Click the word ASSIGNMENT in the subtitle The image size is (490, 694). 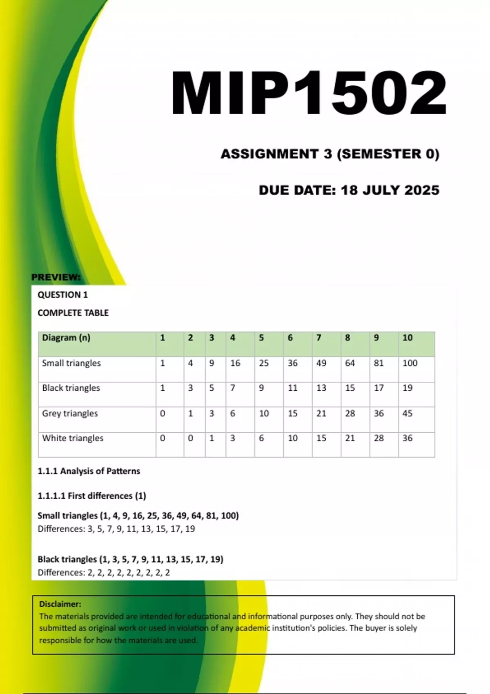269,154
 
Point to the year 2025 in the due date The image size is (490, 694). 422,190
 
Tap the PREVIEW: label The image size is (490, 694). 56,277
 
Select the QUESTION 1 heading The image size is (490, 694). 62,295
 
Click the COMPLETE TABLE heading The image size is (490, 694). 73,313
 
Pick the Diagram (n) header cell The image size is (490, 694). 66,338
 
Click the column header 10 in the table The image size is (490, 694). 407,338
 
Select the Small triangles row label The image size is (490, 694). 71,363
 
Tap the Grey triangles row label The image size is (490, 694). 70,413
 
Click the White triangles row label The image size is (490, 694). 73,438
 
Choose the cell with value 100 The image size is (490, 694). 410,363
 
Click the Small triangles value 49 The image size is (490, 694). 321,363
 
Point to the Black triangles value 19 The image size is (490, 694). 407,388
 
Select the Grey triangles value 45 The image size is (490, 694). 407,413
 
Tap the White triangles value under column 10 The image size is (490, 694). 407,438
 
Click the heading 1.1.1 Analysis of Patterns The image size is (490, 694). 89,471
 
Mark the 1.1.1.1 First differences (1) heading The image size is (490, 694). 91,496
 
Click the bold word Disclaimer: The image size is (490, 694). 60,604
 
